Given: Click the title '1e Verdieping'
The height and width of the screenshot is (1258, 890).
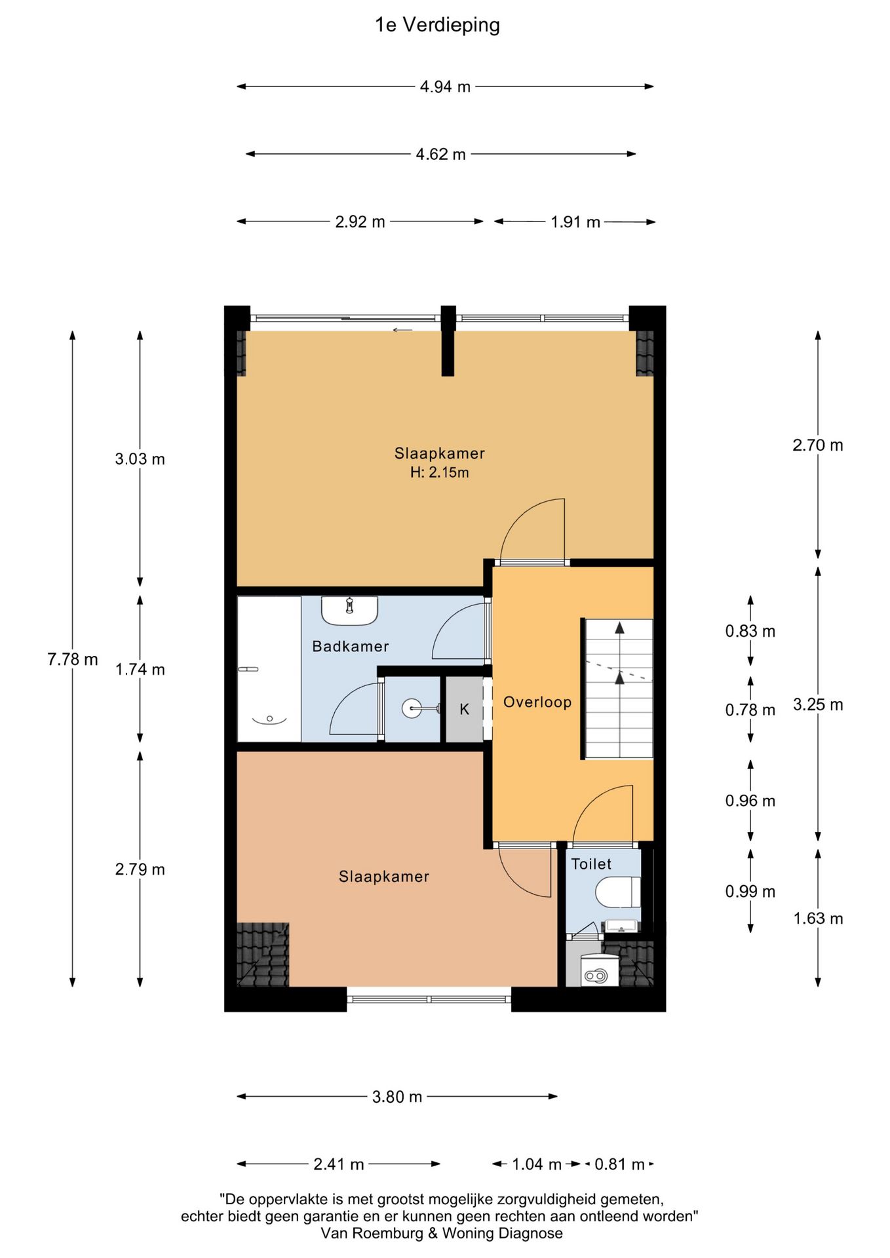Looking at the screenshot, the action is [x=437, y=25].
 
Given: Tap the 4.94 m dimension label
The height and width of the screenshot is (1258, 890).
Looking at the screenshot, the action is [x=445, y=86].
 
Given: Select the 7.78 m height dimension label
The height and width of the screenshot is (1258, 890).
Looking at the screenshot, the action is [x=72, y=659].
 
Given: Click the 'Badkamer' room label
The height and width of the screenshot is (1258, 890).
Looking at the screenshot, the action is [x=350, y=647].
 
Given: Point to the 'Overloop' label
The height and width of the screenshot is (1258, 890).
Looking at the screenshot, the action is [x=537, y=702].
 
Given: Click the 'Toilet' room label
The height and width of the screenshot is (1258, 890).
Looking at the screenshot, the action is [x=591, y=864].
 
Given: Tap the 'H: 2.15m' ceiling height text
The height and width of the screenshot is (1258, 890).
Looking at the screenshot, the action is [x=439, y=472].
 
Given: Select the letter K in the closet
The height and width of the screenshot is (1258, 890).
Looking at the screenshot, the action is [x=464, y=709].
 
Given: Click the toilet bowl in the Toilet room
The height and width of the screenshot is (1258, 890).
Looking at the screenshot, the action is [x=617, y=892].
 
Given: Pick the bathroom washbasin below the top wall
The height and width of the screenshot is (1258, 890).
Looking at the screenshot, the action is [x=349, y=610].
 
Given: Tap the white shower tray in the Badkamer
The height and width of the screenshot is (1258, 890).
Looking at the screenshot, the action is [x=269, y=669].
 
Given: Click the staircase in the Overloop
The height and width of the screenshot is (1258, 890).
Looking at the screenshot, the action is [x=619, y=689].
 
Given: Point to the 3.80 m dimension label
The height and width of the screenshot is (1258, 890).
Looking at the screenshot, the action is [x=397, y=1097].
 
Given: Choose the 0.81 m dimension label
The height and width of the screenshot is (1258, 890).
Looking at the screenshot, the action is [x=619, y=1164].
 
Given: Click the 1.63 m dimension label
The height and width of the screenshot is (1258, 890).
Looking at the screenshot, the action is [x=818, y=919].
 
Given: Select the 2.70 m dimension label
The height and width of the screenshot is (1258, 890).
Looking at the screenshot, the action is [x=818, y=446].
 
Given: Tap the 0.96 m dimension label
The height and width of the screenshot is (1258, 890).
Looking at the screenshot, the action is [x=750, y=801].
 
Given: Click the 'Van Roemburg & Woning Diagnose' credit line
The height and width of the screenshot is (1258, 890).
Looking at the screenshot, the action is [x=442, y=1233].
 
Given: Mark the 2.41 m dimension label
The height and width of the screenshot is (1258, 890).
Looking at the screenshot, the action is [x=338, y=1164].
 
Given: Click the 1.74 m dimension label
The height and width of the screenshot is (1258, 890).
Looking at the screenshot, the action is [x=140, y=670].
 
